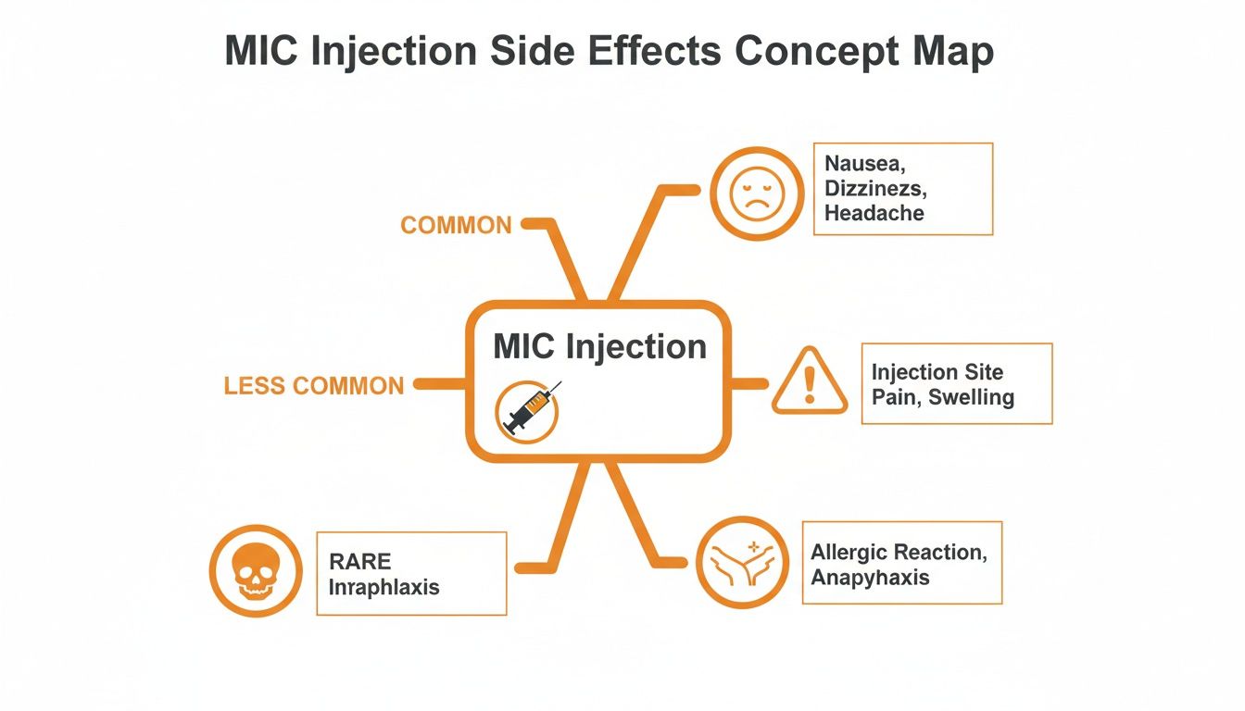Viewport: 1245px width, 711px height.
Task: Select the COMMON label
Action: (456, 225)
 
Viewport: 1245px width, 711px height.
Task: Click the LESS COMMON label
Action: (314, 385)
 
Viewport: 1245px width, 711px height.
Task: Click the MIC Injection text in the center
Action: (599, 346)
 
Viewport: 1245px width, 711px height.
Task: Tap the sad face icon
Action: (757, 194)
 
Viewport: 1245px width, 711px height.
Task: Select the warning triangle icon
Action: (810, 382)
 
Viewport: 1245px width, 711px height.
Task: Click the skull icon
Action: (256, 571)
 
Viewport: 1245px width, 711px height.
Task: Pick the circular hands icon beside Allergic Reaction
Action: (742, 563)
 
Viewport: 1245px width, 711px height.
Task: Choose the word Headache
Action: (874, 213)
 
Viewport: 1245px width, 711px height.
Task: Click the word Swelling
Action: (971, 398)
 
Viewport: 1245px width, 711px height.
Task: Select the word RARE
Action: (360, 561)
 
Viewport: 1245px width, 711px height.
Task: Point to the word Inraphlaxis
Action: (384, 586)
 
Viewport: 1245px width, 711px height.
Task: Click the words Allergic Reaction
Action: (899, 553)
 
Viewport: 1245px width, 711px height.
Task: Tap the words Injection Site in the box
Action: (937, 372)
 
